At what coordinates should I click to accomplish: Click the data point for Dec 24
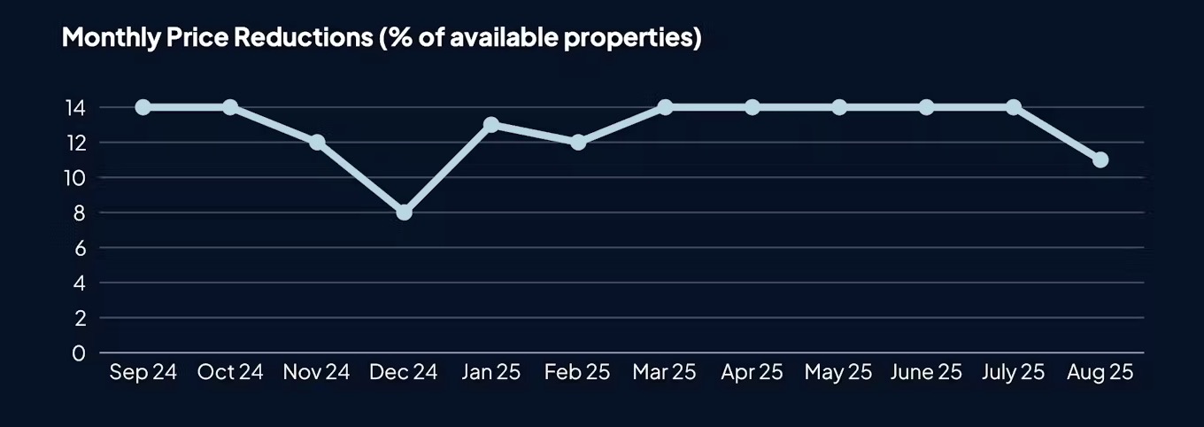tap(405, 213)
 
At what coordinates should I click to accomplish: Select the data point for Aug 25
tap(1100, 159)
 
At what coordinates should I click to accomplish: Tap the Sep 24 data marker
tap(143, 107)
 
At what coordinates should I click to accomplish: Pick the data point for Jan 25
tap(491, 125)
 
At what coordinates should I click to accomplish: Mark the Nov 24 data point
tap(317, 142)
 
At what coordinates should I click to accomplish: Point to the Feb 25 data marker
tap(578, 142)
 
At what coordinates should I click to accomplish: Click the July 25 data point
tap(1014, 107)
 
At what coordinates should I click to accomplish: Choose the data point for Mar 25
tap(665, 107)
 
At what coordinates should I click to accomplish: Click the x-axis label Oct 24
tap(230, 372)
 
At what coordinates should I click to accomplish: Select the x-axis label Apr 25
tap(752, 372)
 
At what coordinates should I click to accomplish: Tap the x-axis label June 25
tap(926, 372)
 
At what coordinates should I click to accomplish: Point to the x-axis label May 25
tap(839, 372)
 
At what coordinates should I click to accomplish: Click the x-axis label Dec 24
tap(404, 372)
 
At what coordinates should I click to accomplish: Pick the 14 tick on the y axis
tap(74, 108)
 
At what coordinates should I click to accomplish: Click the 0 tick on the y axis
tap(79, 353)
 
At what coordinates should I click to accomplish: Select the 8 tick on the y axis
tap(79, 213)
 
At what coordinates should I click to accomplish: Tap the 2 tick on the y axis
tap(79, 318)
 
